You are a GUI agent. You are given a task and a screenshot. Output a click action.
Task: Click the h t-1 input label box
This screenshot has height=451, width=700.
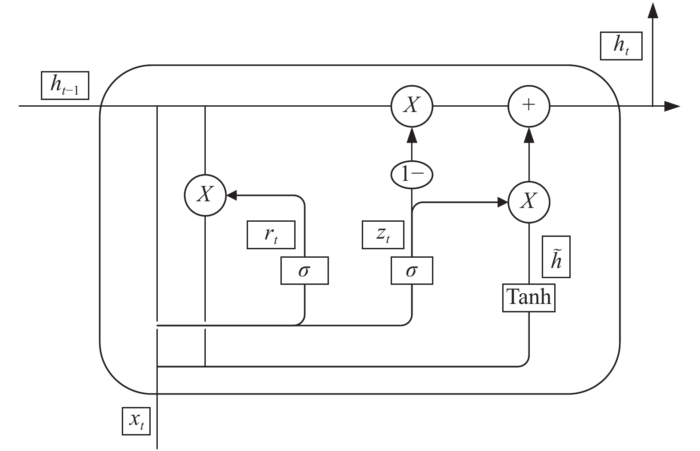tap(65, 86)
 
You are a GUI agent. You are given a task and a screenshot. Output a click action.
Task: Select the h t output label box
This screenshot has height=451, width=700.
tap(621, 46)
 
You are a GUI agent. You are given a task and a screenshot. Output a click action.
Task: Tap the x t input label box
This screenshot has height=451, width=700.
tap(136, 421)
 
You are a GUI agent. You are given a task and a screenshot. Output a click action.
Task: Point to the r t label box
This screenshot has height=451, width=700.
tap(271, 235)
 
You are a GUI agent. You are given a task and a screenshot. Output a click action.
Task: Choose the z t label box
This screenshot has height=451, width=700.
tap(383, 235)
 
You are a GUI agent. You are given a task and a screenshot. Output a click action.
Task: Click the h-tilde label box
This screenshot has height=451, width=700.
tap(556, 257)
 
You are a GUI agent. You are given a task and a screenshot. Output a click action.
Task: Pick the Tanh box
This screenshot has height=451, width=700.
tap(529, 298)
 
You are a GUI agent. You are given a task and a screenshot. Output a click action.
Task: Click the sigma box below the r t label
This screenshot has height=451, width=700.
tap(305, 271)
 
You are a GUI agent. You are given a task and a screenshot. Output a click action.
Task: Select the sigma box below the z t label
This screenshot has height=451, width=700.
tap(412, 271)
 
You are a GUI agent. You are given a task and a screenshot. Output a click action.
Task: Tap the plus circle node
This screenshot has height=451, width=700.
tap(529, 106)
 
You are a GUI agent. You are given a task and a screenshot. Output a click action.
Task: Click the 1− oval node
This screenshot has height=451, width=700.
tap(412, 175)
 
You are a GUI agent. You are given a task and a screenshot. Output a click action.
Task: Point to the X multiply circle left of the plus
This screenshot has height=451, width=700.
tap(412, 106)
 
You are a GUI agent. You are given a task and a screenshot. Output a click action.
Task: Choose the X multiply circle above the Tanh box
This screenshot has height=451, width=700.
tap(529, 202)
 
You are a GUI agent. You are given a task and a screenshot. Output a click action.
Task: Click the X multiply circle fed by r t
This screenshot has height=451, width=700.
tap(205, 195)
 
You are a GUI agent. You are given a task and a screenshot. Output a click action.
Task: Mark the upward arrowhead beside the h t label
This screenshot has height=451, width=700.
tap(653, 11)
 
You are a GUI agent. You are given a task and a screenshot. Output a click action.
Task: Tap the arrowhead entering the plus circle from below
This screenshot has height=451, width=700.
tap(529, 135)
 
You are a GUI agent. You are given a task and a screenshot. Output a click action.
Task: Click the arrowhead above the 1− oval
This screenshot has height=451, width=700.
tap(412, 135)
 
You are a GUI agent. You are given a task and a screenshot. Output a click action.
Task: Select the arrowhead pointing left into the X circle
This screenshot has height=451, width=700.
tap(232, 195)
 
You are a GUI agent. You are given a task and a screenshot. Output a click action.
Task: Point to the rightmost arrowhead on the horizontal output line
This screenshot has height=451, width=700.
tap(672, 106)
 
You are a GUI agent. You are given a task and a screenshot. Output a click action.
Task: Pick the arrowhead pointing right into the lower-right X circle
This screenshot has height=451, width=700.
tap(503, 202)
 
